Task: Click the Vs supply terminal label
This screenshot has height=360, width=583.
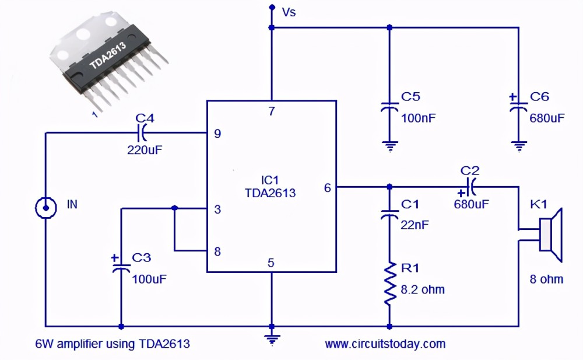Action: pos(289,12)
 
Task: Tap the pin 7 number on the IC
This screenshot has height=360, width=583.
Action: pos(272,111)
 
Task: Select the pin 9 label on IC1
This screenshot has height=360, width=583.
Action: pos(217,133)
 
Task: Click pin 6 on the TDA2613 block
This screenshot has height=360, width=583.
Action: pos(327,188)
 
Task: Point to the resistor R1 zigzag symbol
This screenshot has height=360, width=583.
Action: pos(389,284)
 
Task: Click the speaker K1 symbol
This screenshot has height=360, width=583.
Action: pos(550,235)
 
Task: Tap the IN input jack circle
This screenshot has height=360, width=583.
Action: pos(45,208)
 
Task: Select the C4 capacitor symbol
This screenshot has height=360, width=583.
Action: pos(142,132)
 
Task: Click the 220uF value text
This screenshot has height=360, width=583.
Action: pos(145,150)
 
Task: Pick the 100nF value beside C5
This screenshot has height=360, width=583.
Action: pos(418,118)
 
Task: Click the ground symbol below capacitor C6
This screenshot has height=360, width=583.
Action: pos(519,146)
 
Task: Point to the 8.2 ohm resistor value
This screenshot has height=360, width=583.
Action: pos(422,289)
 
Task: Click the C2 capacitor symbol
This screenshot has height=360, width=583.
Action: pos(470,187)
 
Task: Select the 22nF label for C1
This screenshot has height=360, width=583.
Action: pos(415,225)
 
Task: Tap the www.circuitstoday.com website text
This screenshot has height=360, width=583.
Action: pos(385,344)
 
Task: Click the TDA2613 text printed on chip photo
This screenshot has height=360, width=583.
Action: pos(108,55)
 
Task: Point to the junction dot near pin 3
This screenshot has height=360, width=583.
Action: pos(174,208)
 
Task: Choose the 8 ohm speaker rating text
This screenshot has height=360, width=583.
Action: pos(546,279)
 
